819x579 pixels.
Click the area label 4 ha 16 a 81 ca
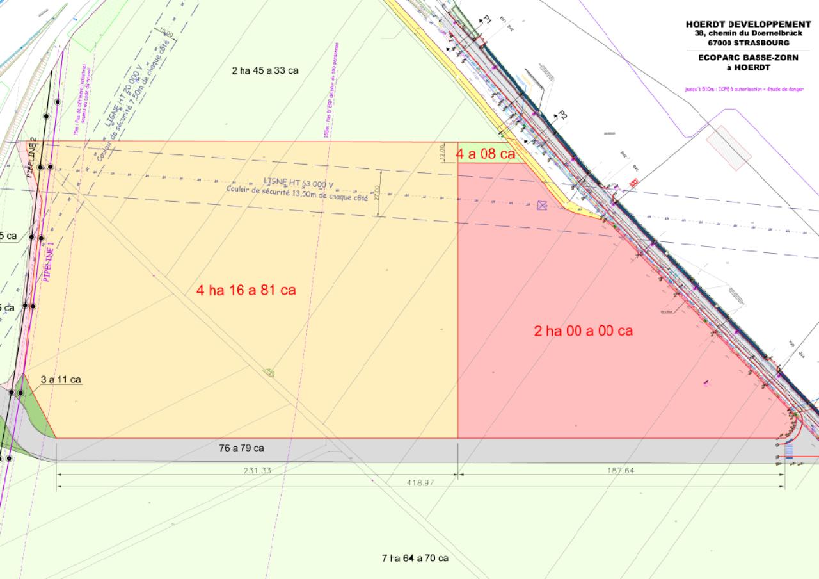click(246, 290)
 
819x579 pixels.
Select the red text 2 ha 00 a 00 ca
click(583, 331)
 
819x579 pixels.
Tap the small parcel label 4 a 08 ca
click(485, 154)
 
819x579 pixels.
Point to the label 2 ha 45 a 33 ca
click(265, 70)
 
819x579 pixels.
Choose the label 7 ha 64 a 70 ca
click(415, 558)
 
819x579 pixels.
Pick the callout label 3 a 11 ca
click(60, 380)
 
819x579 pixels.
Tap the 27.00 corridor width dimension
click(378, 192)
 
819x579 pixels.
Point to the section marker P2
click(562, 115)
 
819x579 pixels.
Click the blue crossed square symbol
click(543, 205)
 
